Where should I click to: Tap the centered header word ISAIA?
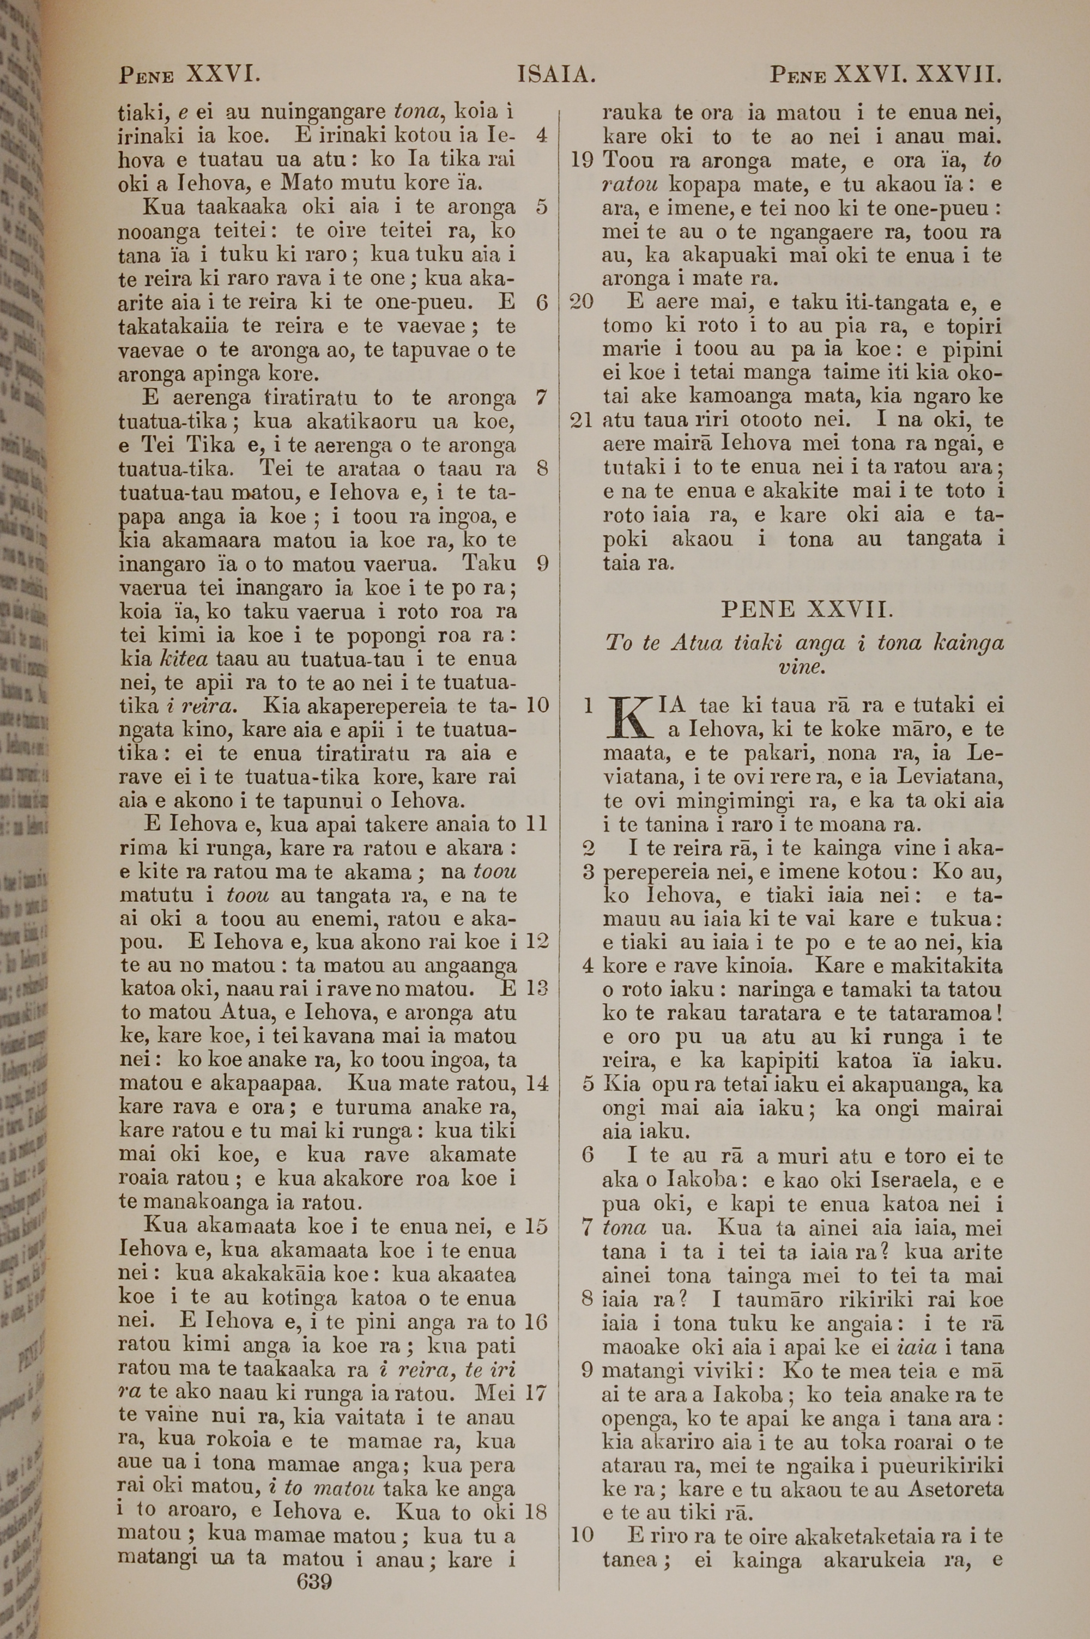[557, 74]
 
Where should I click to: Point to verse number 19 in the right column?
[581, 161]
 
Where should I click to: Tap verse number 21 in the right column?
[581, 420]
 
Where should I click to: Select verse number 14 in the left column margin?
[537, 1083]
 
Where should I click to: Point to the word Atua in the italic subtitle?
[698, 642]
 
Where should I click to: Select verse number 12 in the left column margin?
[537, 942]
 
